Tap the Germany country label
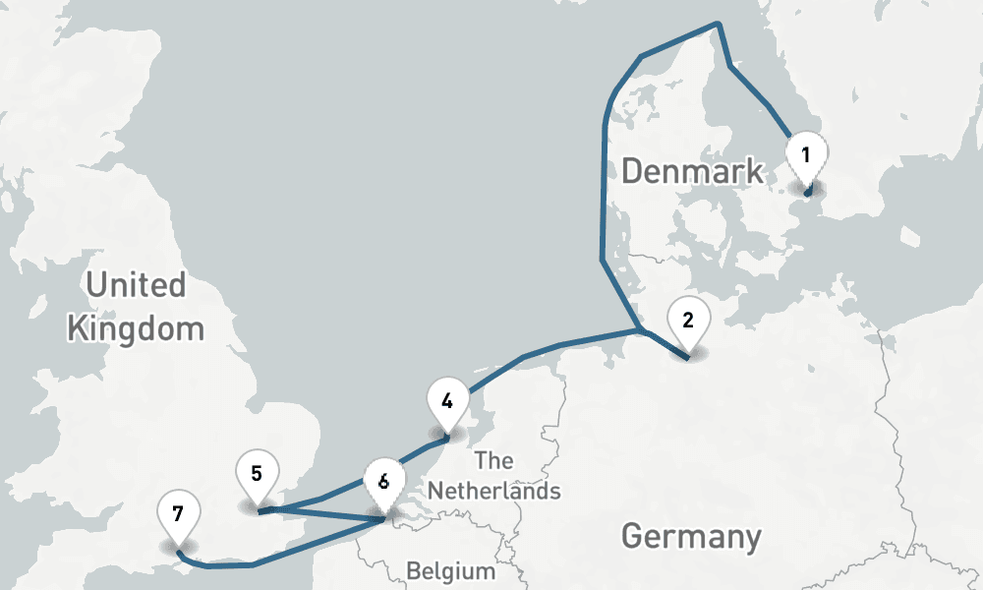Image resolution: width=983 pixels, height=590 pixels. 691,537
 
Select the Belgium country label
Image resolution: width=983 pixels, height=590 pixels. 451,571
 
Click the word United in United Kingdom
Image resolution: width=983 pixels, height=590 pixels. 136,285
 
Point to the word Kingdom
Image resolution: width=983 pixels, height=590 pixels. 136,327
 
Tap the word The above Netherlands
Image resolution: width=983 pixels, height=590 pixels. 492,460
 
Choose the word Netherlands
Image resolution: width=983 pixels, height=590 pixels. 493,490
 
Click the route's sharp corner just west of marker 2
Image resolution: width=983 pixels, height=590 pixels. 640,329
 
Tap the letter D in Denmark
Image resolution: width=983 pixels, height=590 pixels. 633,171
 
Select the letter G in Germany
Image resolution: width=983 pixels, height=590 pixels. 633,537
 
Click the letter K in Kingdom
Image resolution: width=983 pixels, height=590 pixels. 78,327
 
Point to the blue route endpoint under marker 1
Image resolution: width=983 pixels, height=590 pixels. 807,194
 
